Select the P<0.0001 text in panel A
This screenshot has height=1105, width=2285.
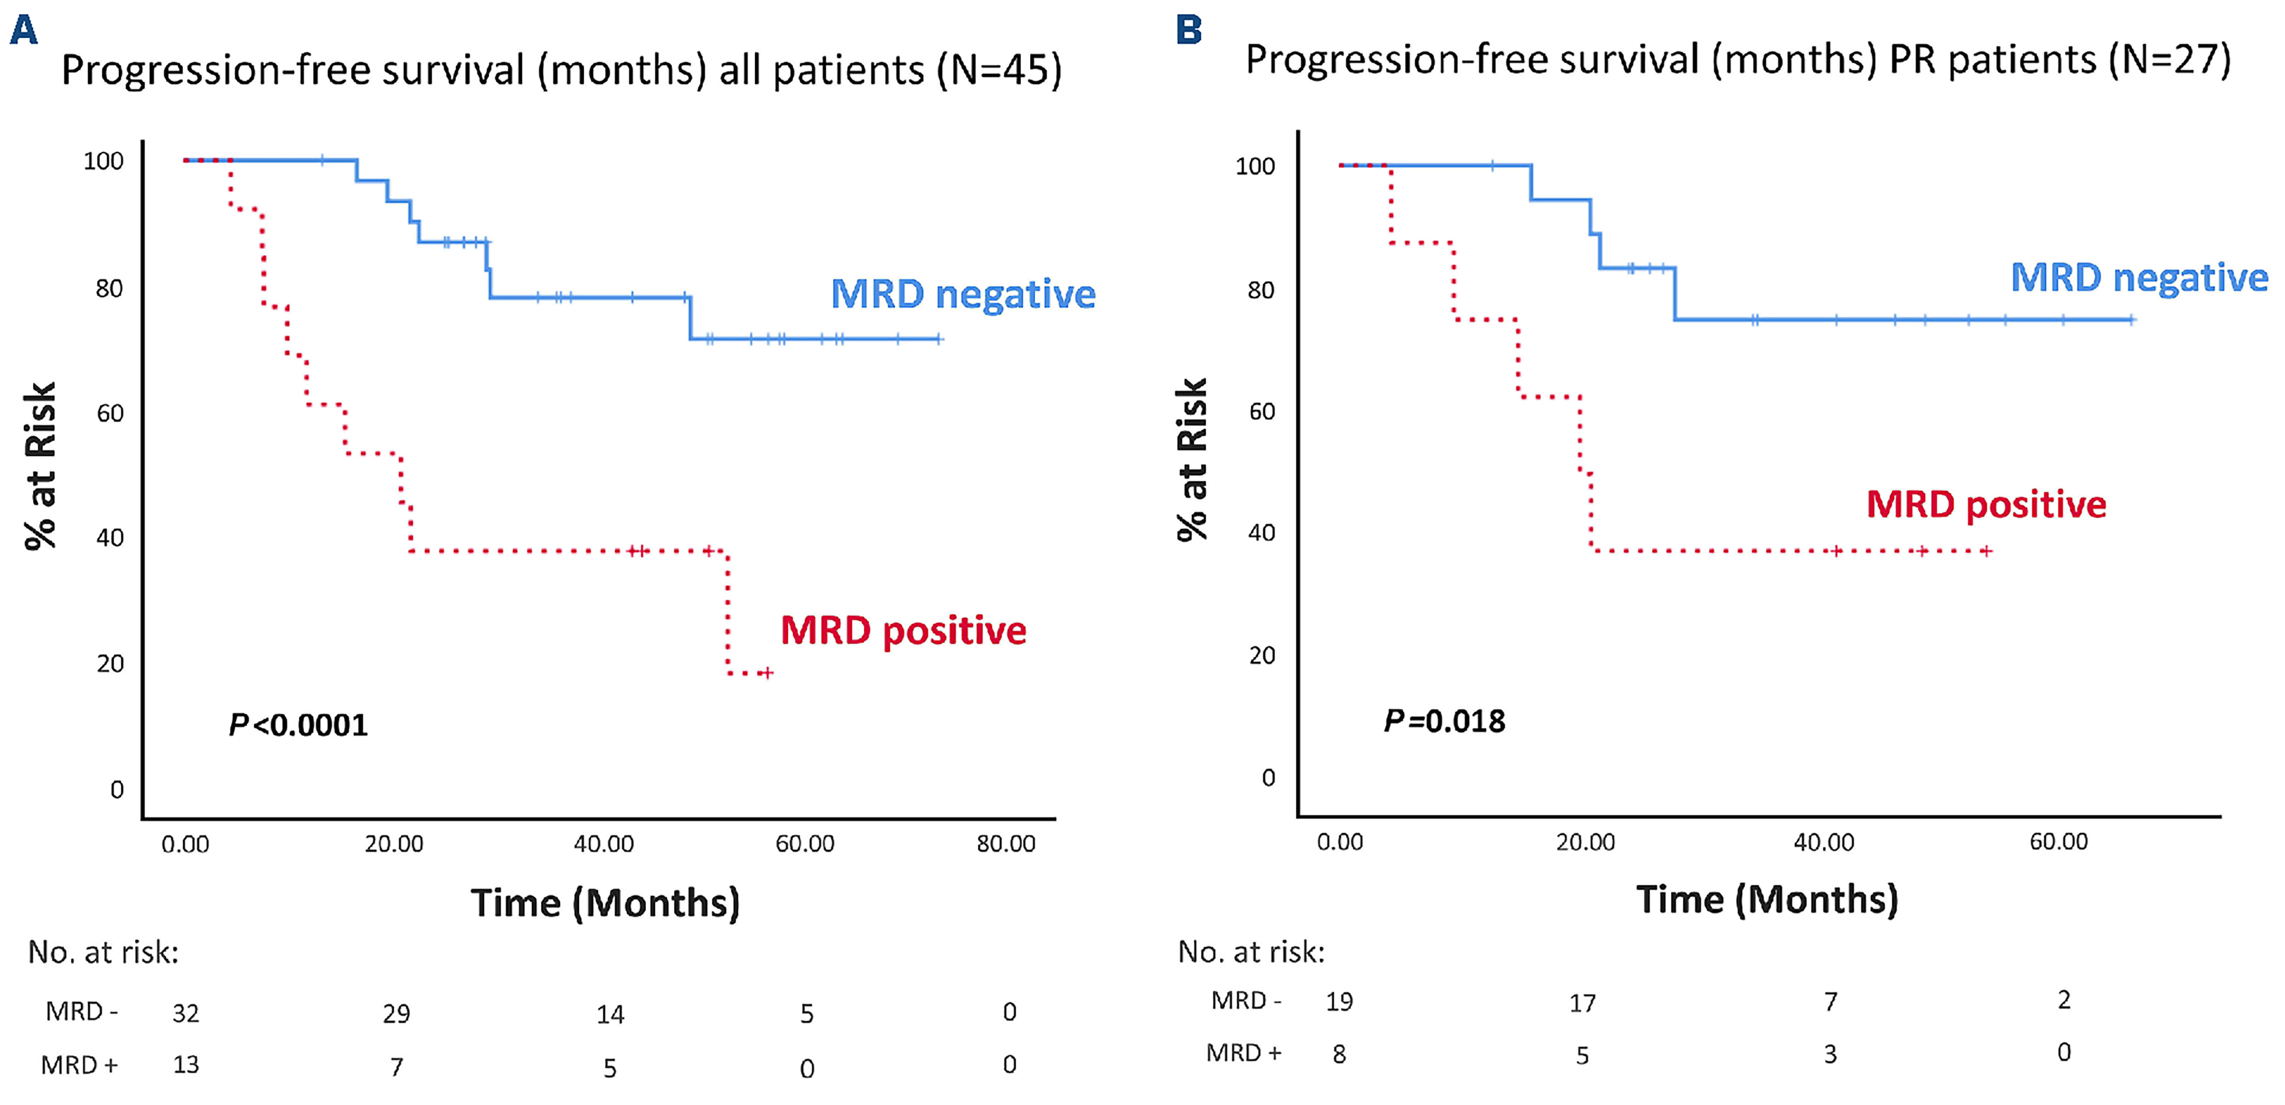point(298,725)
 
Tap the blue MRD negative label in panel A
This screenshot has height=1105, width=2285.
point(963,294)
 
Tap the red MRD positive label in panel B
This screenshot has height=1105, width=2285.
point(1986,504)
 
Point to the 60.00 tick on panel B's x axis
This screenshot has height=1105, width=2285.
point(2059,841)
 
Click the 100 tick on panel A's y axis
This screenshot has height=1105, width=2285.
point(104,162)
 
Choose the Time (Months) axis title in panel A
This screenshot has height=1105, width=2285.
point(605,903)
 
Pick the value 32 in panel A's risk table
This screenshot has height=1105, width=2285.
point(185,1013)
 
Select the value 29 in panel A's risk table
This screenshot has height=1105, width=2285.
point(397,1014)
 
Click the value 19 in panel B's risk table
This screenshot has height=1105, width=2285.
point(1339,1002)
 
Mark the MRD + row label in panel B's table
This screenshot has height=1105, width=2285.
point(1243,1054)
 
